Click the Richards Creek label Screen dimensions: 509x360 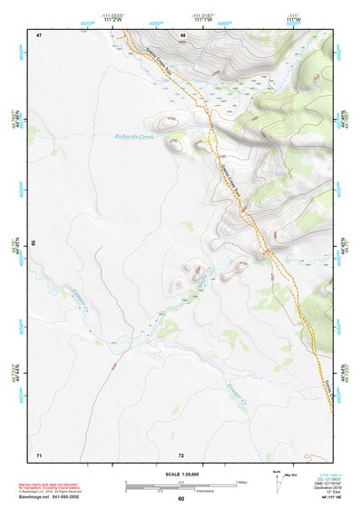click(x=134, y=137)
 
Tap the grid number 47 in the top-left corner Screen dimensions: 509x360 click(x=39, y=35)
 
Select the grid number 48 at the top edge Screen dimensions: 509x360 click(x=182, y=35)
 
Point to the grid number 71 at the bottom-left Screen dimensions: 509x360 click(x=39, y=454)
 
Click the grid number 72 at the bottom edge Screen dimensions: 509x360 click(x=181, y=454)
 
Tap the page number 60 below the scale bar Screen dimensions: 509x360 click(x=181, y=498)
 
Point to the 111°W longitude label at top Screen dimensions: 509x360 click(x=294, y=19)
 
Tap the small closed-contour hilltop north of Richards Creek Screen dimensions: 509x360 click(x=165, y=121)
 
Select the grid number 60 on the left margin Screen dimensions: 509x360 click(x=34, y=244)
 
